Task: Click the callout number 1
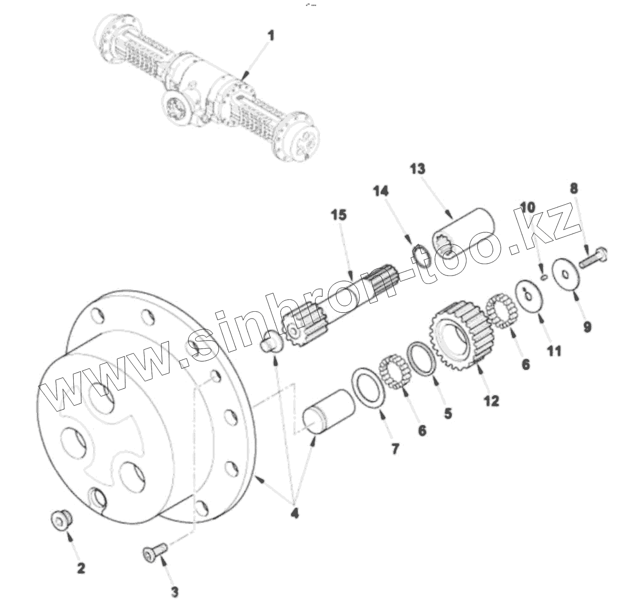270,36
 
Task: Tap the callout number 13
417,169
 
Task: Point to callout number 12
492,400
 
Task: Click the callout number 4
294,513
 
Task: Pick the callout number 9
587,327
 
